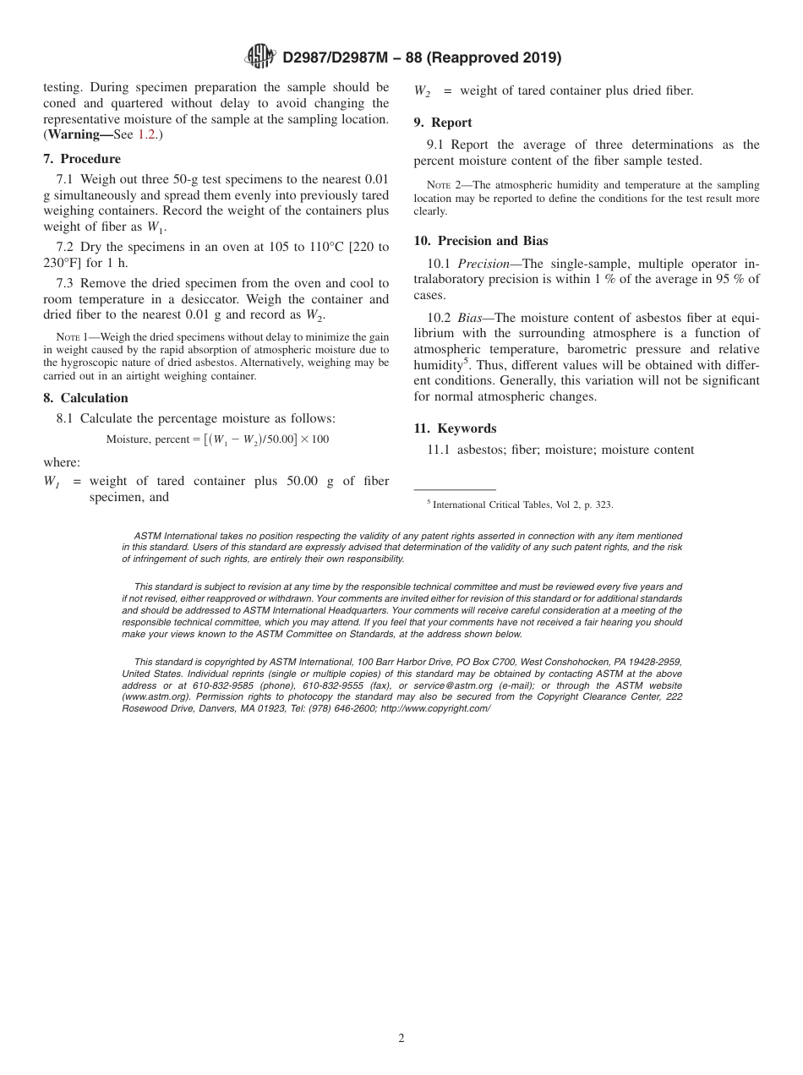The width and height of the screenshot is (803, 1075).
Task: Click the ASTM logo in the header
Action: click(260, 57)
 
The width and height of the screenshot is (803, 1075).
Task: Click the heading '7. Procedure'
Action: click(82, 159)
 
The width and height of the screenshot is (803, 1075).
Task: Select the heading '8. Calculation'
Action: click(85, 398)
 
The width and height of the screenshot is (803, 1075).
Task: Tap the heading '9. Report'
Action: click(443, 123)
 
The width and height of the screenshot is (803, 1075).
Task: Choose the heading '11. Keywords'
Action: click(455, 428)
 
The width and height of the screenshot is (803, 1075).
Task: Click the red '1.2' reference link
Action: click(147, 134)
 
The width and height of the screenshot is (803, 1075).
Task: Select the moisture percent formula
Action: click(217, 439)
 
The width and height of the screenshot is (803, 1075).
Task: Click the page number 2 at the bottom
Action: click(401, 1039)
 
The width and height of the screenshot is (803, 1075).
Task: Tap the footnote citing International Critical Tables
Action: click(520, 505)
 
